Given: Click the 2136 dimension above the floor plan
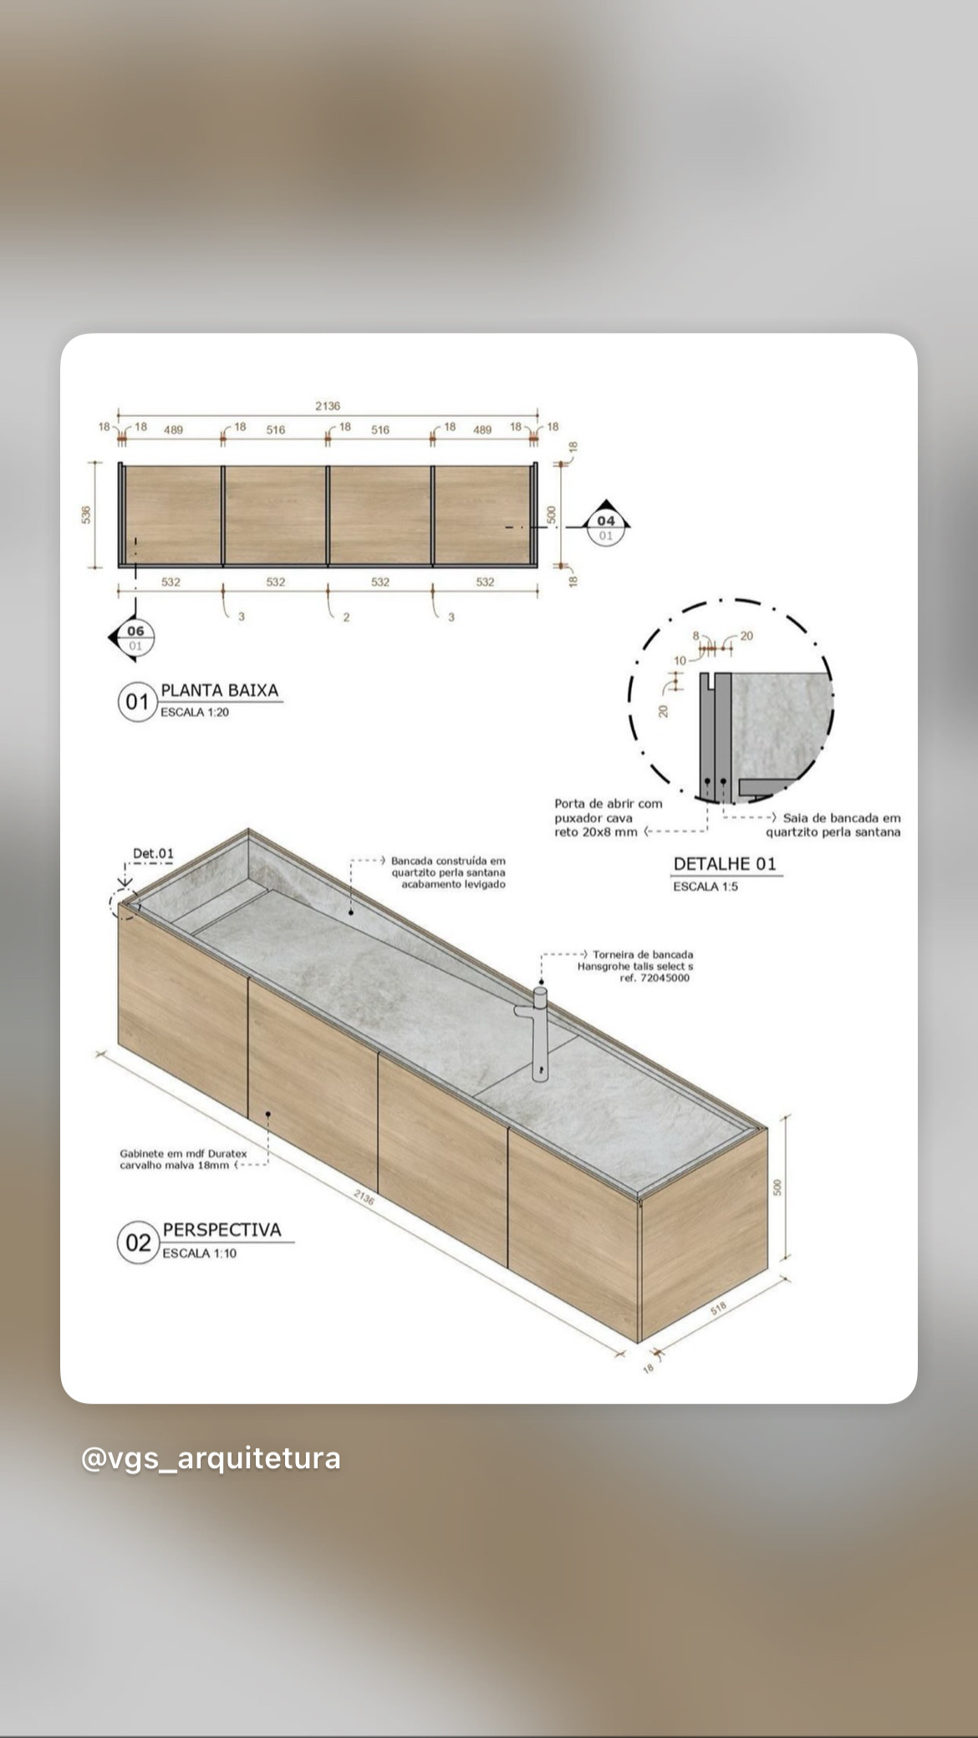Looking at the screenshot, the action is pyautogui.click(x=328, y=406).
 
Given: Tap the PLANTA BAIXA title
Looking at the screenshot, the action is pyautogui.click(x=220, y=691).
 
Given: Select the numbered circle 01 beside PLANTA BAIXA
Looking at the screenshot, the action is pyautogui.click(x=137, y=702).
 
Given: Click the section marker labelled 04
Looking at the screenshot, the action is pyautogui.click(x=605, y=525).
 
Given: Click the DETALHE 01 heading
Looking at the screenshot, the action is pyautogui.click(x=726, y=864).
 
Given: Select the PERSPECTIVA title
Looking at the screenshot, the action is pyautogui.click(x=222, y=1230).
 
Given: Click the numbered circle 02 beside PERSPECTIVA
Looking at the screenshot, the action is pyautogui.click(x=138, y=1243).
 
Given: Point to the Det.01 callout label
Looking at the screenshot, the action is pyautogui.click(x=154, y=853).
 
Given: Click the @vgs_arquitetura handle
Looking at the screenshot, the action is pyautogui.click(x=211, y=1458).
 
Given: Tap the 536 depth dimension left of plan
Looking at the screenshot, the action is pyautogui.click(x=86, y=515).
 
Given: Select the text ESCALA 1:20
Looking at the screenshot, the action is pyautogui.click(x=195, y=713).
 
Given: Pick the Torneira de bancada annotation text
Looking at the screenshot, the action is pyautogui.click(x=635, y=966).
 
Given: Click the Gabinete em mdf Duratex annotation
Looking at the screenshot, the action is pyautogui.click(x=184, y=1159).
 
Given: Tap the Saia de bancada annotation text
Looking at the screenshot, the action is pyautogui.click(x=834, y=825).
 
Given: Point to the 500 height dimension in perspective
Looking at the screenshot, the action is pyautogui.click(x=777, y=1187).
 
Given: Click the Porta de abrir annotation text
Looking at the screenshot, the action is pyautogui.click(x=609, y=817).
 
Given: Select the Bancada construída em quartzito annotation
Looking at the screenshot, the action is pyautogui.click(x=449, y=872).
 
